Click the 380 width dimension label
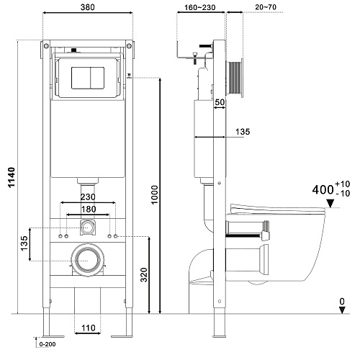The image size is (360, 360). coord(88,7)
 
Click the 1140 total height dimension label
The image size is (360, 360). coord(12,178)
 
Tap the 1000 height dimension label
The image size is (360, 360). coord(155,195)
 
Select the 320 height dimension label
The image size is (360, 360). coord(144,275)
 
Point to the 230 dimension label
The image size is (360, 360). coord(88,197)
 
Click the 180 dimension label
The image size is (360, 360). coord(89,210)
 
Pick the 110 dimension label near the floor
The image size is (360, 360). coord(89,328)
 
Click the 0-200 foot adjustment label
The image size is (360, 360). coord(48,344)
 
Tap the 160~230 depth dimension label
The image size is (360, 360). coord(199,7)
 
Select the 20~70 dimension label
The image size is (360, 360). coord(266,7)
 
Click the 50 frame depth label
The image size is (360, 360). coord(220,102)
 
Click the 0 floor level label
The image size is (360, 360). coord(342,301)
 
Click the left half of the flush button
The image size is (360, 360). coord(81,78)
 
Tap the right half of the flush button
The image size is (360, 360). coord(97,78)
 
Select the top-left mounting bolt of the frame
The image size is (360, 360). coord(46,45)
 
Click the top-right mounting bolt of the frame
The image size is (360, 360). coord(129,45)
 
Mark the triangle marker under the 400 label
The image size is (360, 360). coord(330,204)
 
